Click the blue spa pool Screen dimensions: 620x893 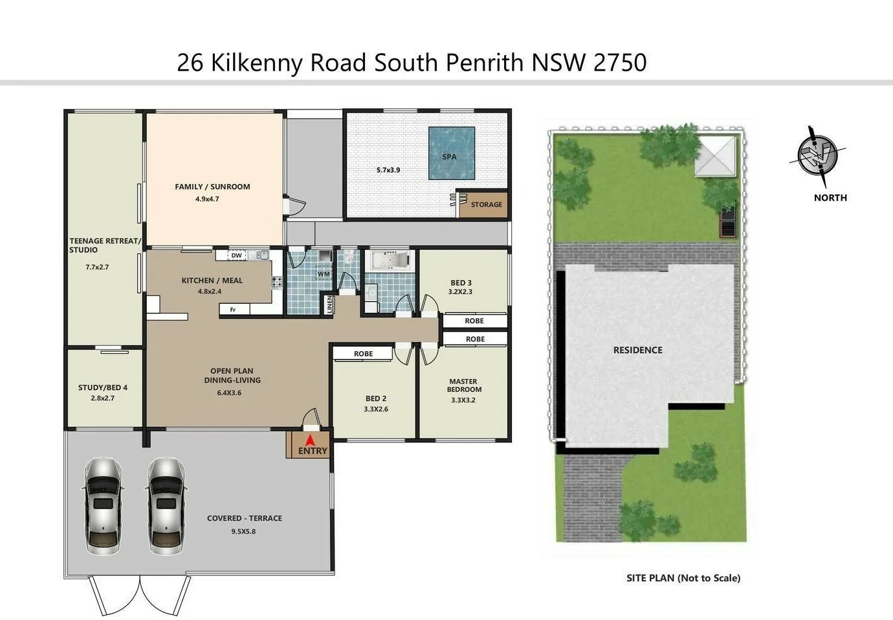(x=452, y=153)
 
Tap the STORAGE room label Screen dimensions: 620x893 (x=486, y=205)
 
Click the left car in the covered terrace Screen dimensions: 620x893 (x=103, y=505)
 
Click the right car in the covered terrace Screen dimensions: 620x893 (x=166, y=505)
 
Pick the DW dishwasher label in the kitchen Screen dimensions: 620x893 (x=237, y=255)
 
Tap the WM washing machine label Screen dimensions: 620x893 (x=324, y=274)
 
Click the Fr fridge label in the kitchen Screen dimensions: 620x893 (x=233, y=310)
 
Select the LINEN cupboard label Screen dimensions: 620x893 (x=329, y=304)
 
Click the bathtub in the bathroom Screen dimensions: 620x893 (x=390, y=261)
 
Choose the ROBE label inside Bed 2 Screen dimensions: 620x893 (x=363, y=354)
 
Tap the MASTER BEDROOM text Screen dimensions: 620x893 (x=464, y=385)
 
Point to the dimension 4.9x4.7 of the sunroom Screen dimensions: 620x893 (x=207, y=199)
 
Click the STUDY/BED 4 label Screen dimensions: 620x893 (x=103, y=387)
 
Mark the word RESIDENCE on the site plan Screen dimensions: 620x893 (x=637, y=350)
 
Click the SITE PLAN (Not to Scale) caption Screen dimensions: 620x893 (x=683, y=578)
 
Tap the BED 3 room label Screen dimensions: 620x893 (x=461, y=282)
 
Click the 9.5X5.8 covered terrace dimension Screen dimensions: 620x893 (x=243, y=531)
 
